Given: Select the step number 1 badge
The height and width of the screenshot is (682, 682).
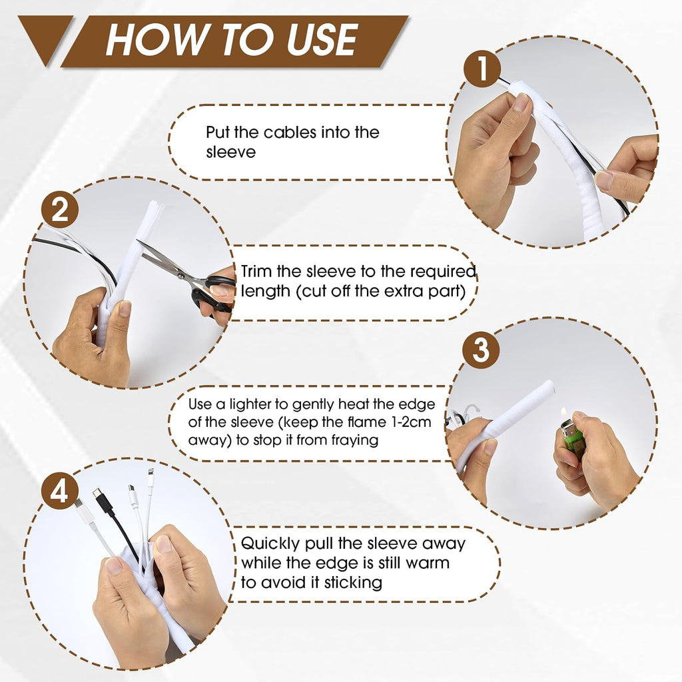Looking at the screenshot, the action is [x=482, y=69].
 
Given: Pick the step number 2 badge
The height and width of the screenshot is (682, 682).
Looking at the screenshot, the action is [x=60, y=210].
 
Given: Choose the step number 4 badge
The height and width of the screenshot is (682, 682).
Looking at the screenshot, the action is [x=60, y=492].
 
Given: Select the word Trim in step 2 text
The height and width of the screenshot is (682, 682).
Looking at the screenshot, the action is [x=256, y=272].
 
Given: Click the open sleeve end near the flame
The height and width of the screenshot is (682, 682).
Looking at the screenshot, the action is [x=549, y=387].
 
